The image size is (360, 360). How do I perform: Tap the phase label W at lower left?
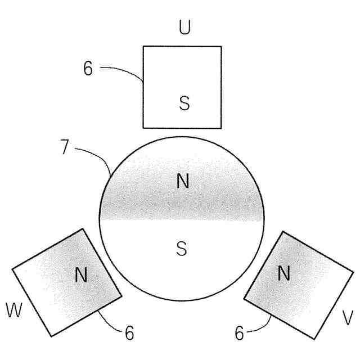coord(15,310)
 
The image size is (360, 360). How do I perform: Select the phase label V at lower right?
coord(348,318)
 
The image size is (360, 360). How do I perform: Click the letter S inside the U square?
coord(184,102)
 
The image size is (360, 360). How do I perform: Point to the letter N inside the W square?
coord(82,274)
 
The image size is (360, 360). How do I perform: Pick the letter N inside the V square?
coord(284,274)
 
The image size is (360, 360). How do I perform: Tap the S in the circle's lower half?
coord(181,248)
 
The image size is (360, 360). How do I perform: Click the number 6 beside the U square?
coord(88,69)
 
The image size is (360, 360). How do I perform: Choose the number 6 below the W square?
coord(129,333)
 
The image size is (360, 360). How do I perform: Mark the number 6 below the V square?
coord(239,334)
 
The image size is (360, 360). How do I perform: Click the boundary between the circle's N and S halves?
coord(181,220)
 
